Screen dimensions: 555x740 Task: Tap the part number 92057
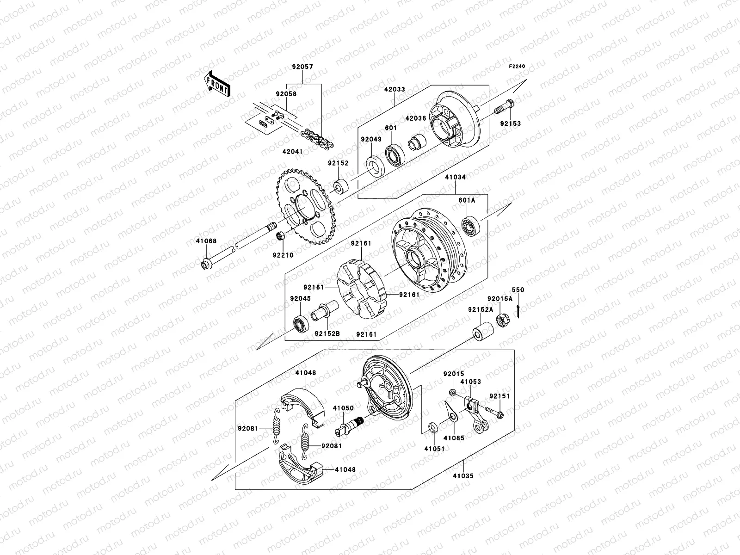pyautogui.click(x=302, y=67)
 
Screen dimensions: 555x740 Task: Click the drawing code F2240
pyautogui.click(x=517, y=67)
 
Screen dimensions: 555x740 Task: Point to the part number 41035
pyautogui.click(x=463, y=475)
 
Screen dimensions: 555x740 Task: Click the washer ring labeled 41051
pyautogui.click(x=433, y=426)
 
